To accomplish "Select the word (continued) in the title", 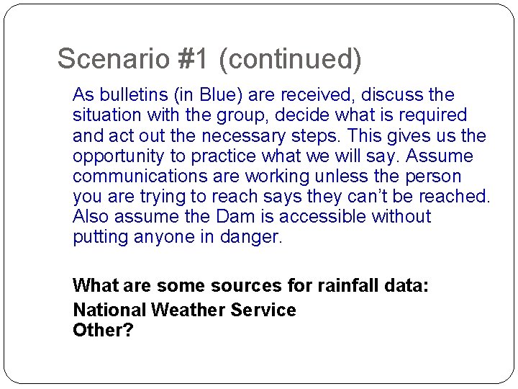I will coord(290,58).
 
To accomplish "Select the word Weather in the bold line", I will coord(188,310).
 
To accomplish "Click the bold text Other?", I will coord(103,331).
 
